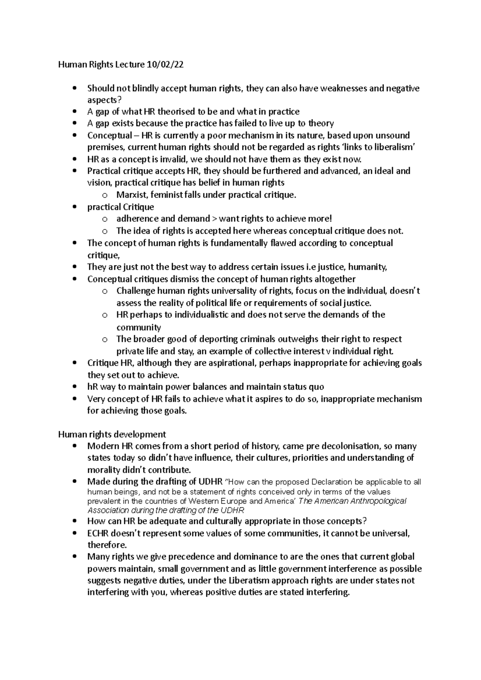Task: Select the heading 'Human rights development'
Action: [x=112, y=435]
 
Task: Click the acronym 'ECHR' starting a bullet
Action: [x=98, y=533]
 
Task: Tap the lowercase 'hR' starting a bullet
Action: [x=93, y=387]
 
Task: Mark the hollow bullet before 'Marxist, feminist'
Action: [x=105, y=196]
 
